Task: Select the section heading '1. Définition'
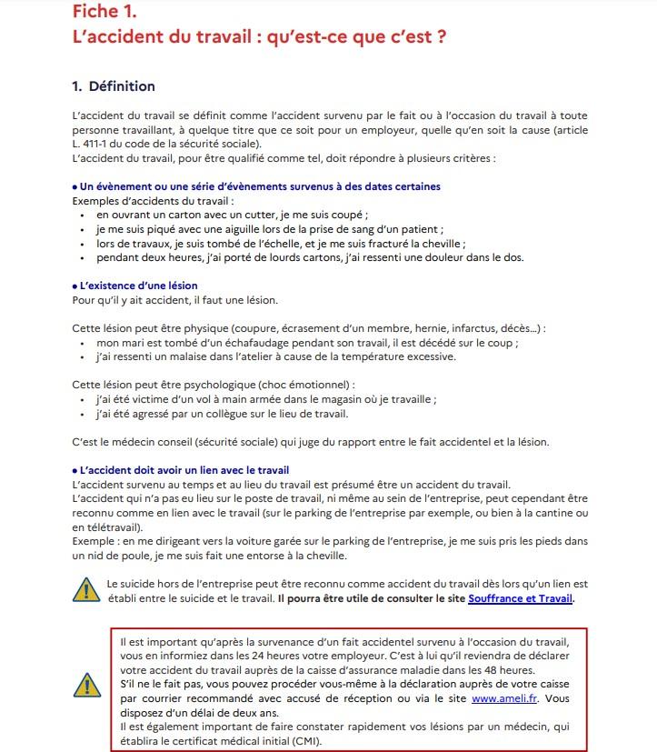114,86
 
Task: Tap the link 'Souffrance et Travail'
521,598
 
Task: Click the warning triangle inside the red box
87,684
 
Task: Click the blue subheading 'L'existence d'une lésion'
137,286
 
